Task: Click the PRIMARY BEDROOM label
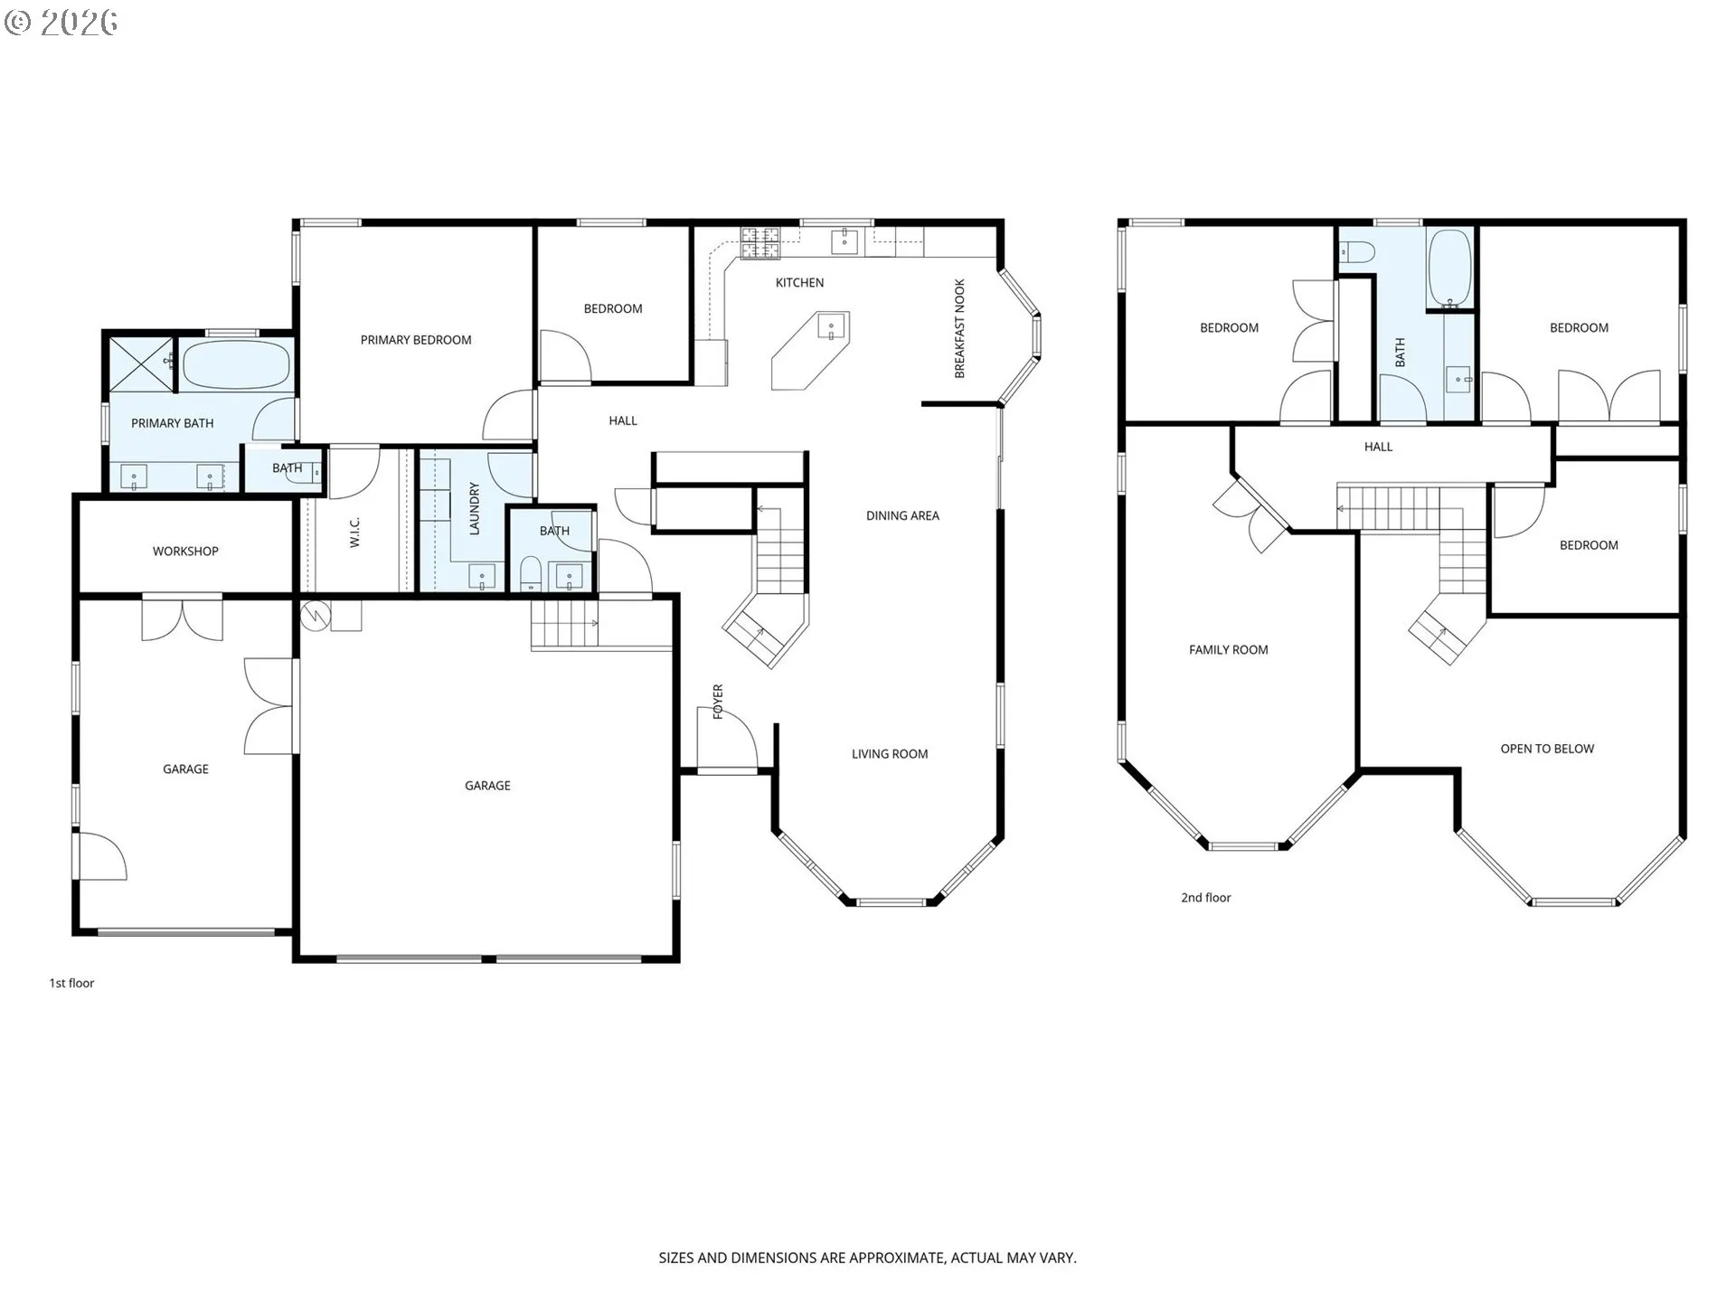[416, 340]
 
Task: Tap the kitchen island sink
[832, 325]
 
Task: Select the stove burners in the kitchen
[760, 241]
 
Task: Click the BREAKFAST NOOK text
[960, 328]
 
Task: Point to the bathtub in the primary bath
[236, 364]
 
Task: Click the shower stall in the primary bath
[141, 364]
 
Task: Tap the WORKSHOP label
[185, 551]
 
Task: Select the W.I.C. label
[354, 532]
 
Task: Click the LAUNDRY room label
[474, 509]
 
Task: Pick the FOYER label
[718, 702]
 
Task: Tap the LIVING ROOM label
[890, 754]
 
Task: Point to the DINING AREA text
[902, 515]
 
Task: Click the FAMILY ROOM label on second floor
[1228, 649]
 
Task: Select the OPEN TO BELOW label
[1547, 749]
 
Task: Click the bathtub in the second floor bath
[1449, 269]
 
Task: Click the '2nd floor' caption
[1205, 898]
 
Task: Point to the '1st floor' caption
[71, 983]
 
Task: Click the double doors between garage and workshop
[183, 618]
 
